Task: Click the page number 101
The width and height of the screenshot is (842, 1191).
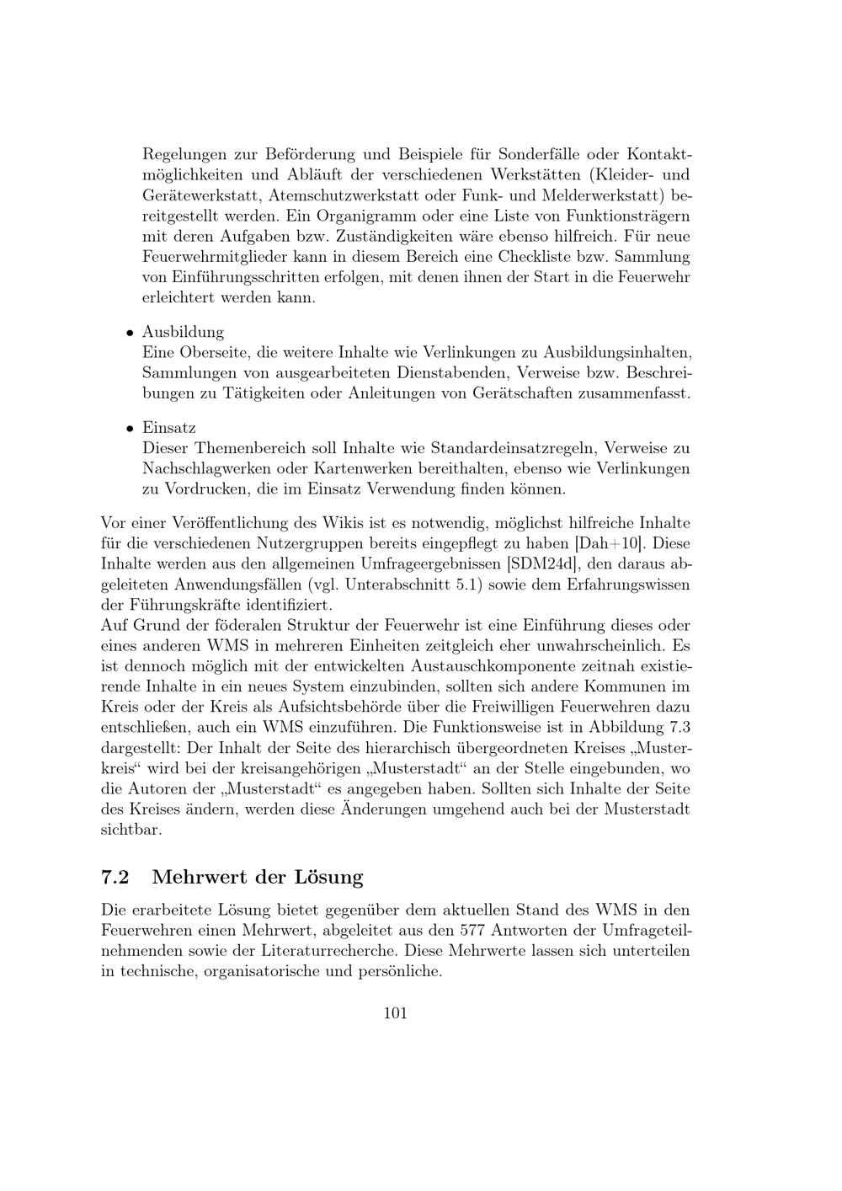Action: tap(395, 1013)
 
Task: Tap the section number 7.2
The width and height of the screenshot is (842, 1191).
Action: tap(115, 877)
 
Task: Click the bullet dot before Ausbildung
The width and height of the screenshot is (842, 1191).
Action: tap(131, 334)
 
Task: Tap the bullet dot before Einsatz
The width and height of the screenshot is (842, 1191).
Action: tap(131, 430)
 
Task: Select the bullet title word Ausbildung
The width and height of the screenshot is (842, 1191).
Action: tap(183, 332)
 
